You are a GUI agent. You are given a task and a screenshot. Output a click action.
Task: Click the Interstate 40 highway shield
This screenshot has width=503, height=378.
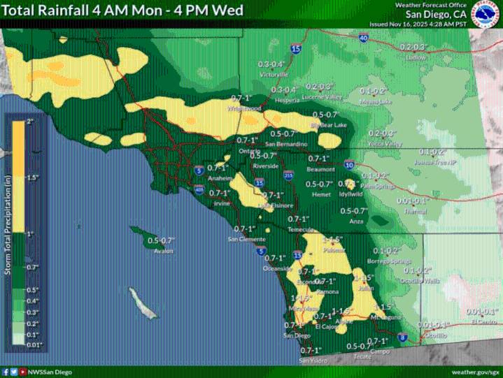pyautogui.click(x=363, y=38)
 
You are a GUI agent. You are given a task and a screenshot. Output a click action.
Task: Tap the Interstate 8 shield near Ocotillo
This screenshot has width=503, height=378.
pyautogui.click(x=402, y=337)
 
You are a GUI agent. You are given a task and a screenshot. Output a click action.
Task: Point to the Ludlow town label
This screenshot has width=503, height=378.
pyautogui.click(x=416, y=58)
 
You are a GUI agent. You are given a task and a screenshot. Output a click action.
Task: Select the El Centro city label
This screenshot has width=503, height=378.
pyautogui.click(x=483, y=322)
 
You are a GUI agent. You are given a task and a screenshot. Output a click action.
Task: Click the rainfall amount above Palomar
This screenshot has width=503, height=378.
pyautogui.click(x=316, y=239)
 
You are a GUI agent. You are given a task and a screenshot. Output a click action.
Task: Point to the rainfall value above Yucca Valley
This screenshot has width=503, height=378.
pyautogui.click(x=383, y=133)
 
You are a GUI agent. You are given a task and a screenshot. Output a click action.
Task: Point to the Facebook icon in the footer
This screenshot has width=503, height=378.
pyautogui.click(x=6, y=372)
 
